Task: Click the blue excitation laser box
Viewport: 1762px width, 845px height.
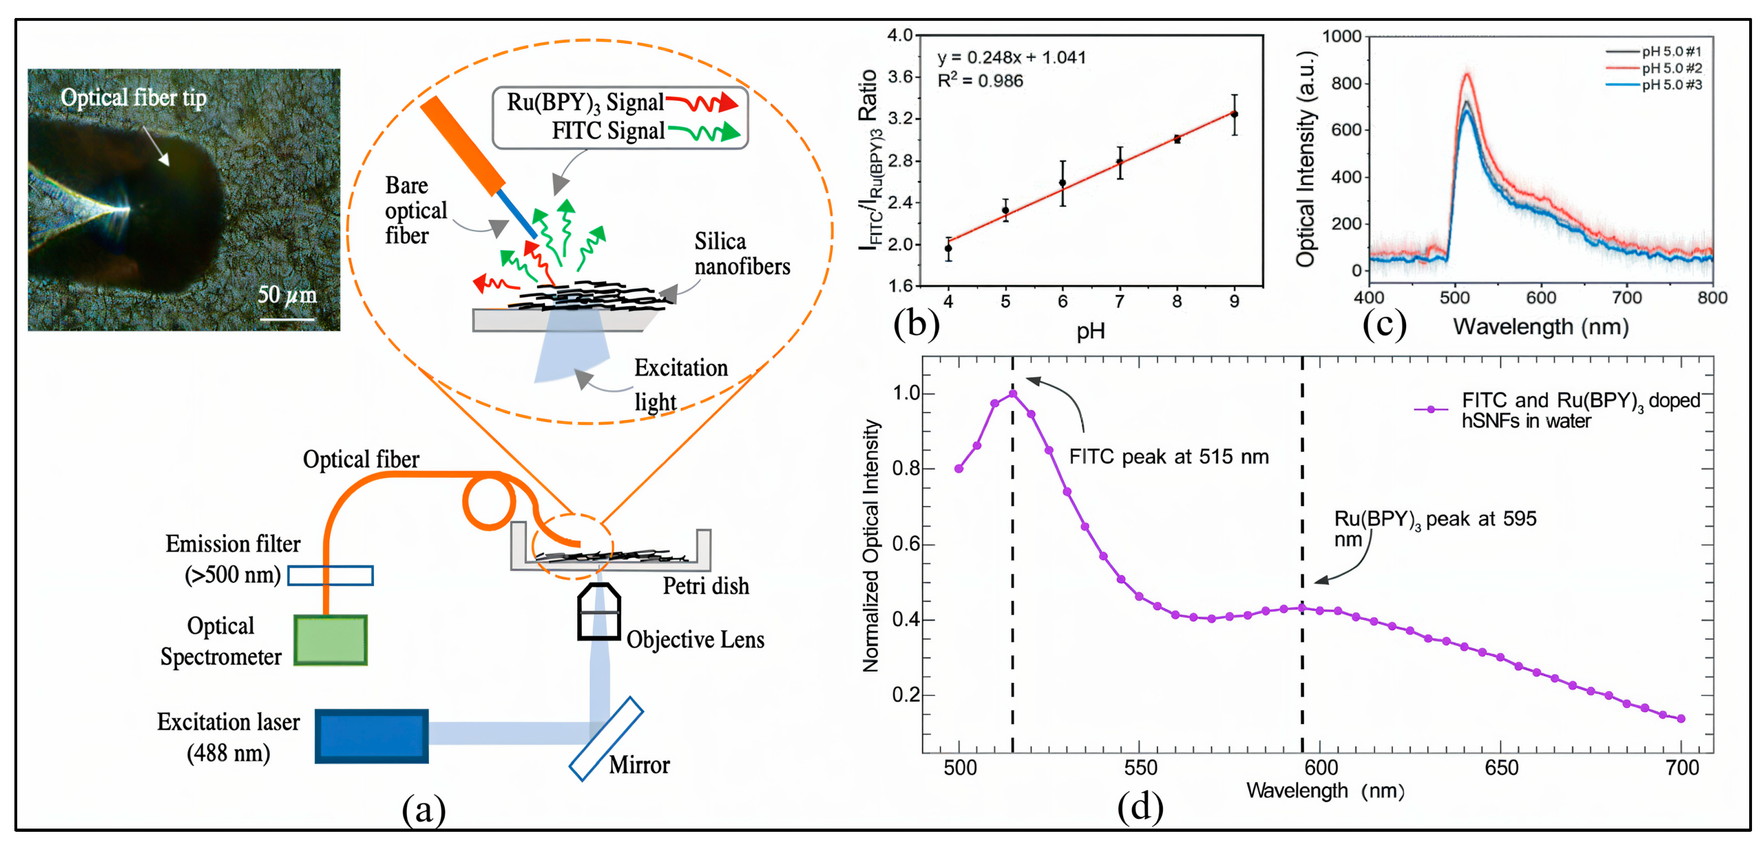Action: coord(371,736)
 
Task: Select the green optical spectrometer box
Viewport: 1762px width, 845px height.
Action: coord(330,640)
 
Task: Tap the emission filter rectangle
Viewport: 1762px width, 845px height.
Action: coord(330,576)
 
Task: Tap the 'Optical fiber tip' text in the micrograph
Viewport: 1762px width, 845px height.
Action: coord(133,98)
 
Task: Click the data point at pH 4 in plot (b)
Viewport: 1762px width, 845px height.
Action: coord(948,248)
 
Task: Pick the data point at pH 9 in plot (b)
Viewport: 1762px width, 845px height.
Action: coord(1234,114)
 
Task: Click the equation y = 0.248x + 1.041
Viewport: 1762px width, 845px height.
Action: coord(1011,58)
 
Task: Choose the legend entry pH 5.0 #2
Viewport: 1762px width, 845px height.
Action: coord(1671,68)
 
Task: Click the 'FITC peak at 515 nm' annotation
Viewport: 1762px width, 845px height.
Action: coord(1168,456)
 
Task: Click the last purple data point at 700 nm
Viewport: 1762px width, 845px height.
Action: coord(1681,719)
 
